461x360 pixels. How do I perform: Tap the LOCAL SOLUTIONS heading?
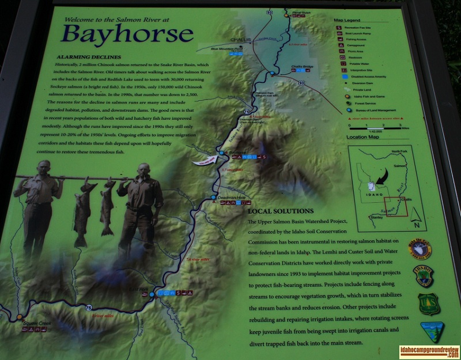280,211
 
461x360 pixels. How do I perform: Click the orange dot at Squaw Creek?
19,317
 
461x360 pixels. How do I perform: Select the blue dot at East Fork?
152,294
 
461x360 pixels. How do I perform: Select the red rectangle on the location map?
396,206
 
